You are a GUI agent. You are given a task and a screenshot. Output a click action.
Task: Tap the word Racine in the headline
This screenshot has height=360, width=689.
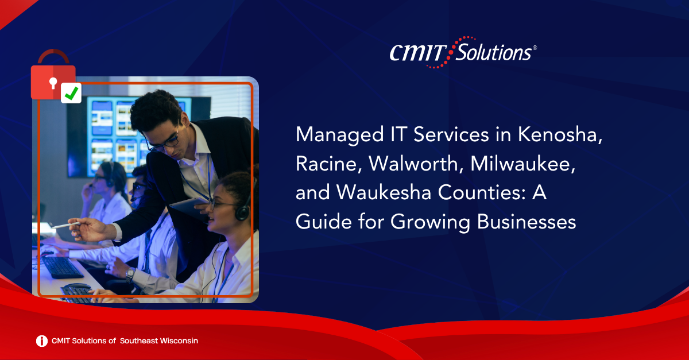328,164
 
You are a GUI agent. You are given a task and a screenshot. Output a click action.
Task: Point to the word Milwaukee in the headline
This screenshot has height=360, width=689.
522,164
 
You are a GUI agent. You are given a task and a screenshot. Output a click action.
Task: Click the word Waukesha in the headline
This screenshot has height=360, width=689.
384,192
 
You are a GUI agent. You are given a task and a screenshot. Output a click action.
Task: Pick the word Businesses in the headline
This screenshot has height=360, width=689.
527,222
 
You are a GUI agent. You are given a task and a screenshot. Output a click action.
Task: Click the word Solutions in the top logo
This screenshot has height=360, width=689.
493,52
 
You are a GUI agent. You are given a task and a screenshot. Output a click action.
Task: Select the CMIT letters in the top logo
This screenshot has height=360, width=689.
419,53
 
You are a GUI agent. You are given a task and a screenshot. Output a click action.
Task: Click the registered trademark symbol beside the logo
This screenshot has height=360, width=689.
535,48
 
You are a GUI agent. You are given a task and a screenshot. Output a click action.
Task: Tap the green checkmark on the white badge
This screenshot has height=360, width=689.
71,93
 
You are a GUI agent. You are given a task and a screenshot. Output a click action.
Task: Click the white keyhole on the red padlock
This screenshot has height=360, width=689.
53,83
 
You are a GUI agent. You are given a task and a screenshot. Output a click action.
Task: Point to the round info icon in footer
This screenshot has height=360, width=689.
42,341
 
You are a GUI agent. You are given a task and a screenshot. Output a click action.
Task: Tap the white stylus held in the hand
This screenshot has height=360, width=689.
66,225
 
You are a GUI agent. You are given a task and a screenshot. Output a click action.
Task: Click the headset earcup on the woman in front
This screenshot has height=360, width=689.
243,212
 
